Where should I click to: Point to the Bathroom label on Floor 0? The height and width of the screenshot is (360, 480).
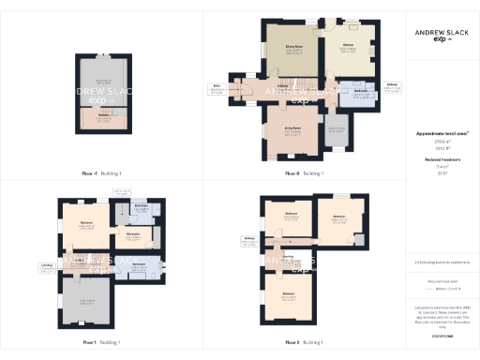pos(359,92)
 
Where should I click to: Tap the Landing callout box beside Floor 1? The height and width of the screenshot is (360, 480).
pos(47,266)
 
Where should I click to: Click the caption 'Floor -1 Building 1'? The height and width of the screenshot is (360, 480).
pos(100,173)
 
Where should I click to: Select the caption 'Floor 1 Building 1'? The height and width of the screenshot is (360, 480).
pos(100,341)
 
